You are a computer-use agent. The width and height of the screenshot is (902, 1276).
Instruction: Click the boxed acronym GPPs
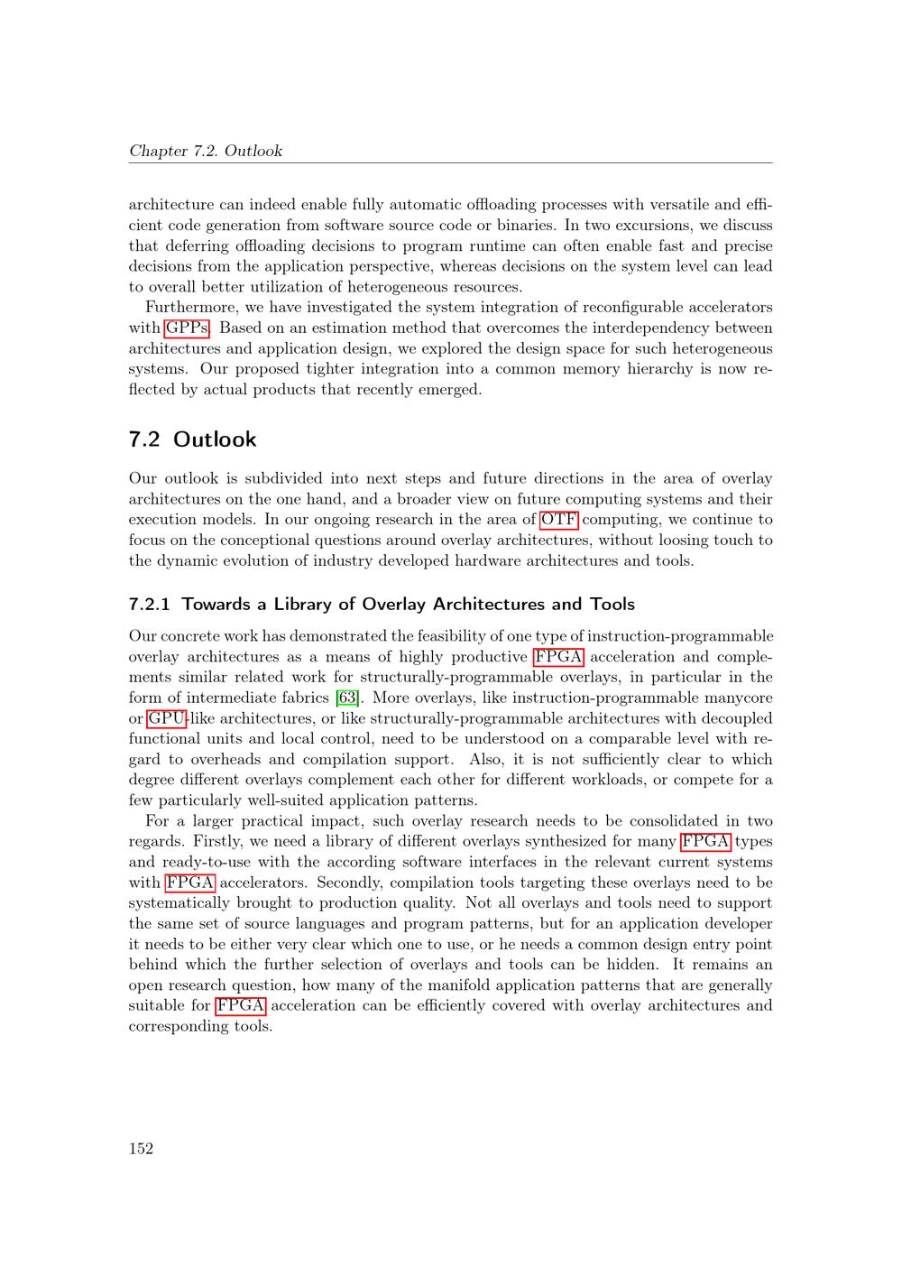tap(187, 328)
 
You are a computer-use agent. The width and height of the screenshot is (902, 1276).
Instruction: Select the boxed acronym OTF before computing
tap(559, 519)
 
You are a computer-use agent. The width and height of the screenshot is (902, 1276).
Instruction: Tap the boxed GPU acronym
tap(166, 718)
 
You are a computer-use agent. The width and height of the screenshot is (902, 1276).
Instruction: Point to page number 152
tap(141, 1148)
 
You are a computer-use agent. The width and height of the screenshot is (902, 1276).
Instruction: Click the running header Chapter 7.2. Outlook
tap(206, 151)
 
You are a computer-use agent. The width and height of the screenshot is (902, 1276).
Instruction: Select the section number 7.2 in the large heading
tap(144, 439)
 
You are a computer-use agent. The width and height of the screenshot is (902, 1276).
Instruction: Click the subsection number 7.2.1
tap(150, 604)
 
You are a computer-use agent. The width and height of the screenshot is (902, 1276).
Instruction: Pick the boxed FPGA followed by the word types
tap(705, 842)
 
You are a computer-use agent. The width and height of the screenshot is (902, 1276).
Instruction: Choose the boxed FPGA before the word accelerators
tap(189, 883)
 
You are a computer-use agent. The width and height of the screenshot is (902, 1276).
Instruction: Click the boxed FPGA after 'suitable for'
tap(241, 1005)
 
